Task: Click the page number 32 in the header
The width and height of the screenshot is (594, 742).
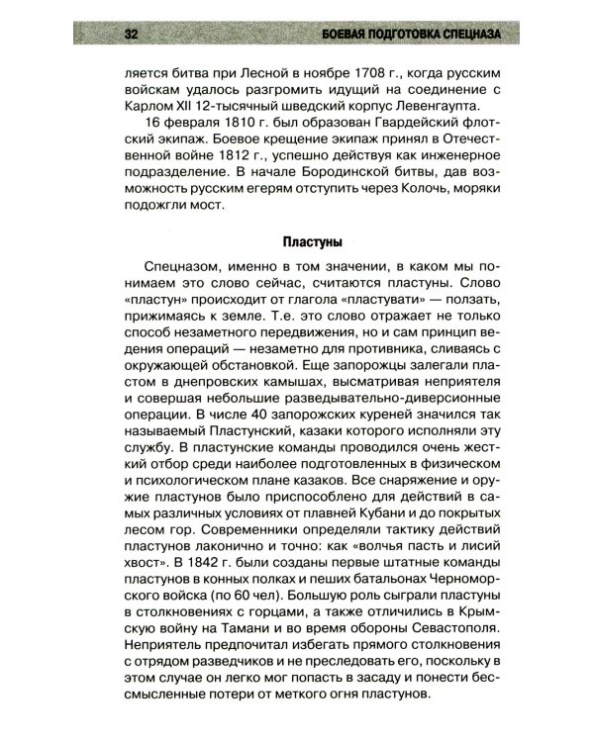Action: [x=129, y=37]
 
